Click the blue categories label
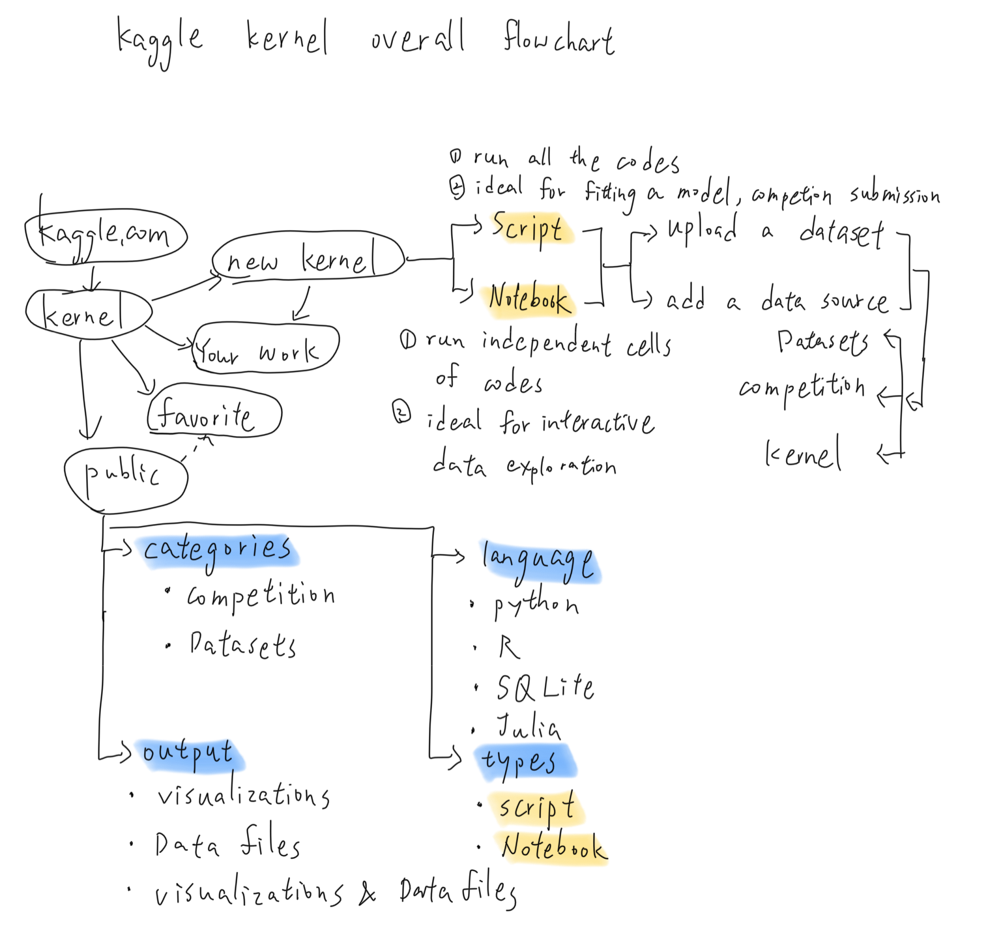217,551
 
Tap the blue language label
540,562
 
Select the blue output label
189,756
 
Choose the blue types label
524,761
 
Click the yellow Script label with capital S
531,228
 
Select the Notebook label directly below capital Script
528,301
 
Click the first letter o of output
149,753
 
